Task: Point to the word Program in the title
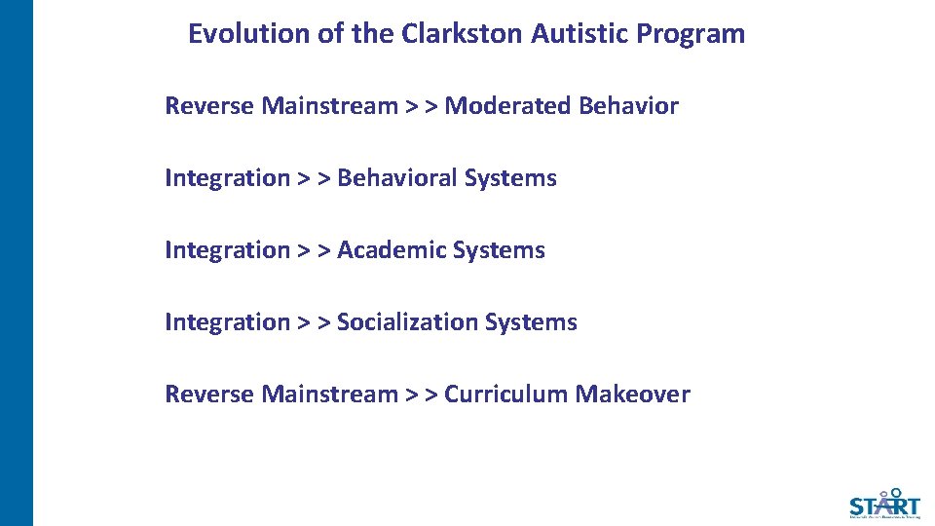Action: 691,34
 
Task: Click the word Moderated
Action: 507,106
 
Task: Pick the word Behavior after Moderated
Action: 628,106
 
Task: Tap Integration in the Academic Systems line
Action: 227,250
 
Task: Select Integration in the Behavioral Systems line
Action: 227,178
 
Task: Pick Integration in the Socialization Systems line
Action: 227,322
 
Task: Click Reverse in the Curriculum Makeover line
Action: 209,394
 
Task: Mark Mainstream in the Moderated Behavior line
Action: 329,106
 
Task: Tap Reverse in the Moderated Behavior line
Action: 209,106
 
